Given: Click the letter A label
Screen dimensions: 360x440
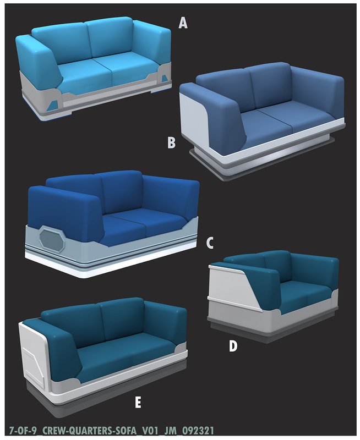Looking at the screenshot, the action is pos(183,23).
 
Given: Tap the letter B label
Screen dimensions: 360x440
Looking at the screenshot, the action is pos(171,142).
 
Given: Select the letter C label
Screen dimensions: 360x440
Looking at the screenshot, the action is pos(210,243).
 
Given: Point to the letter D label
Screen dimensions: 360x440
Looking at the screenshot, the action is pos(233,346).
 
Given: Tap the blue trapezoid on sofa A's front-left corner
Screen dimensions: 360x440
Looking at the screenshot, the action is pos(53,104).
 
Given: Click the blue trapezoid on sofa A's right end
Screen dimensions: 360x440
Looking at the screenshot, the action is pos(164,77).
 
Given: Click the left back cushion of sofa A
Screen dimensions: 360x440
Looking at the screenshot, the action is pos(61,45).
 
